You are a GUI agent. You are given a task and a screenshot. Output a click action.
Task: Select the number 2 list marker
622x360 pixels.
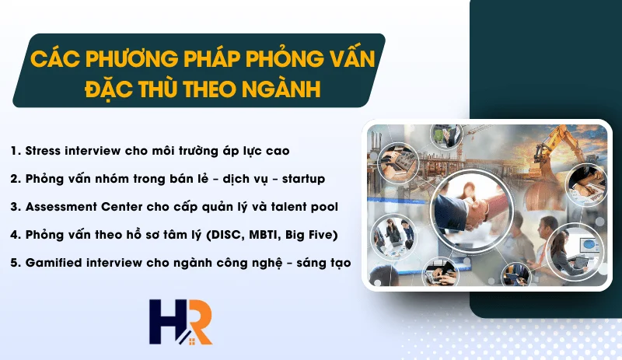(15, 178)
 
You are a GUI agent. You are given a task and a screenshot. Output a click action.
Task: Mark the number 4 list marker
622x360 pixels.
(15, 235)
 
